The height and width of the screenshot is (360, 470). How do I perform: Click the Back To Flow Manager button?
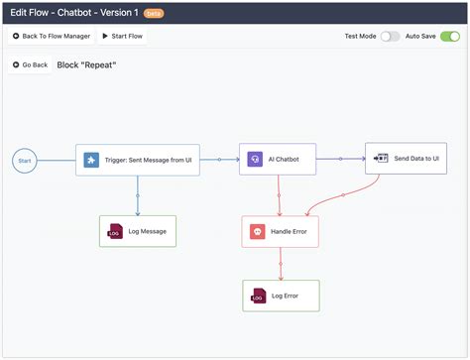52,36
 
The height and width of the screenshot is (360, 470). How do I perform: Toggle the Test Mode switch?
390,36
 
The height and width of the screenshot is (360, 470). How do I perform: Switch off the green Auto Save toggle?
450,36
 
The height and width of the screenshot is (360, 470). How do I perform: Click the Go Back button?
31,64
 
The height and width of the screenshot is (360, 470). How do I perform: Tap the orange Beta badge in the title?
154,13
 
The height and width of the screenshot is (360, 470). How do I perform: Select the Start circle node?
26,160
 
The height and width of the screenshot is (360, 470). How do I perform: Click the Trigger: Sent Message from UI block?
138,160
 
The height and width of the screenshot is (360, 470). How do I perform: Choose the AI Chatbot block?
282,159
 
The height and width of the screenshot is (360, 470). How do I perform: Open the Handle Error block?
282,231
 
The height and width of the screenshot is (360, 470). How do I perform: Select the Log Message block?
138,232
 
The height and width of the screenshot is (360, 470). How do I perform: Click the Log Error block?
282,296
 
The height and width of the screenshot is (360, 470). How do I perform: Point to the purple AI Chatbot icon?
255,159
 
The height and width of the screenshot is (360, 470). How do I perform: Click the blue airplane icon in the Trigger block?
91,160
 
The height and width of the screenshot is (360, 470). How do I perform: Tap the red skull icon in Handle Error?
256,231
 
